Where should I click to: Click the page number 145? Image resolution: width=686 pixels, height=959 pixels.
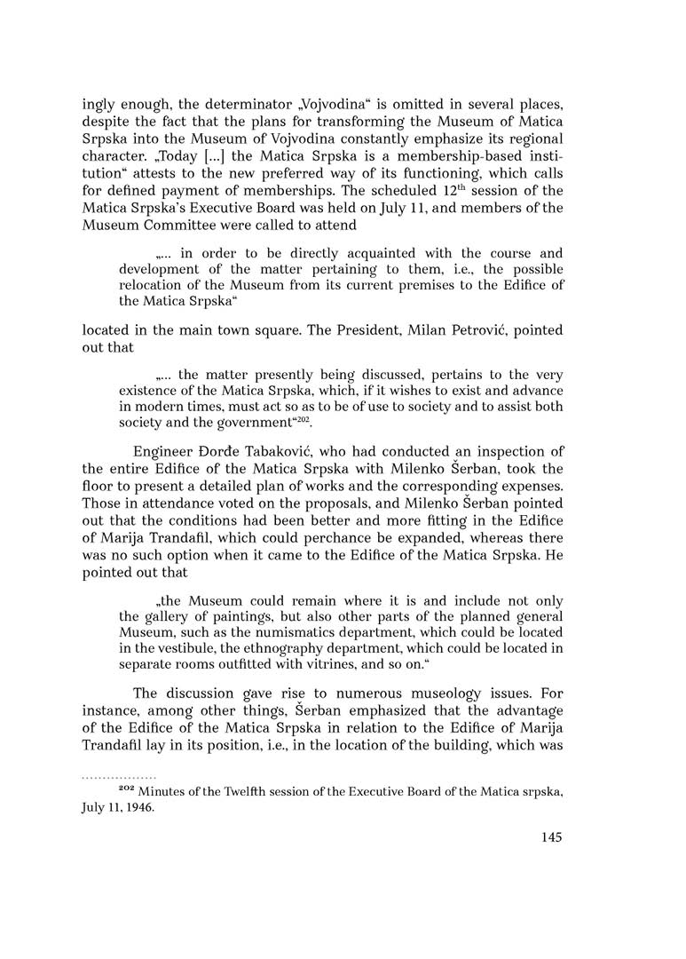pos(551,836)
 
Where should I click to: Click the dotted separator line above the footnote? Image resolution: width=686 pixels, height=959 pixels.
pos(119,776)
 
